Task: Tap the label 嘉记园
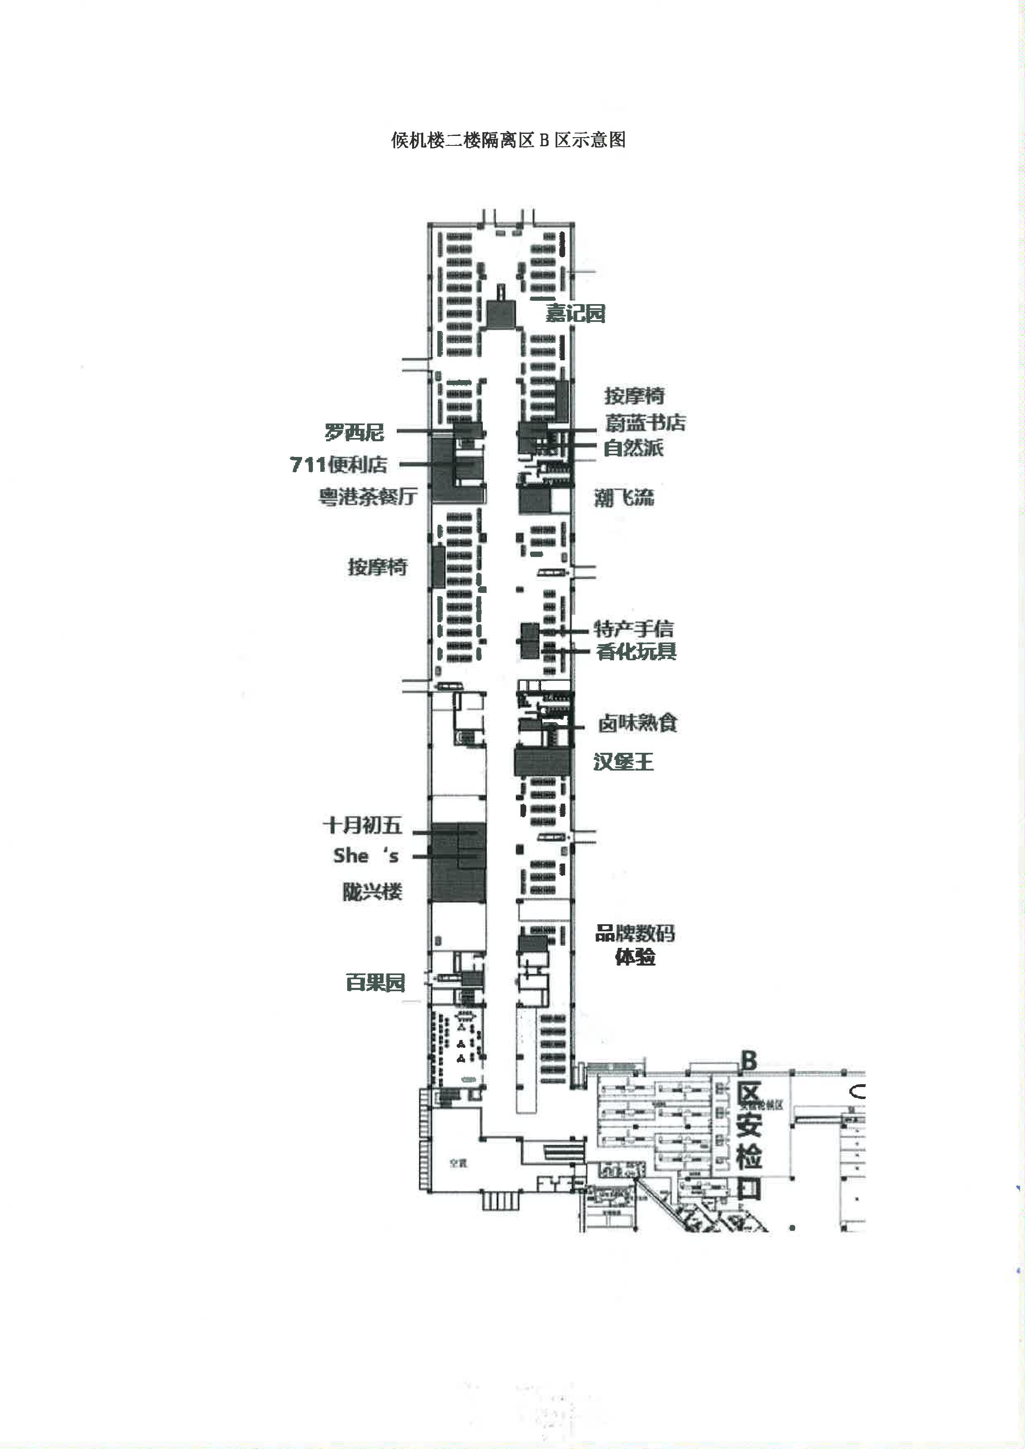click(x=575, y=313)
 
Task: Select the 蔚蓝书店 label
click(x=645, y=422)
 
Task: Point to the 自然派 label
click(x=633, y=448)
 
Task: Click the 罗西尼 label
click(x=354, y=432)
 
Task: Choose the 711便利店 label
click(x=338, y=464)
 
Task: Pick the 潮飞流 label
click(x=624, y=497)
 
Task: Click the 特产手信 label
click(x=633, y=628)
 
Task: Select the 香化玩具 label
click(x=636, y=651)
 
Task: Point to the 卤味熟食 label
click(x=637, y=723)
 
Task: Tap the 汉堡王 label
click(x=623, y=762)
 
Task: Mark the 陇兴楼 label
click(x=372, y=892)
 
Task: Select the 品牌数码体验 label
click(x=635, y=945)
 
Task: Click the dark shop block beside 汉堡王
click(x=541, y=762)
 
